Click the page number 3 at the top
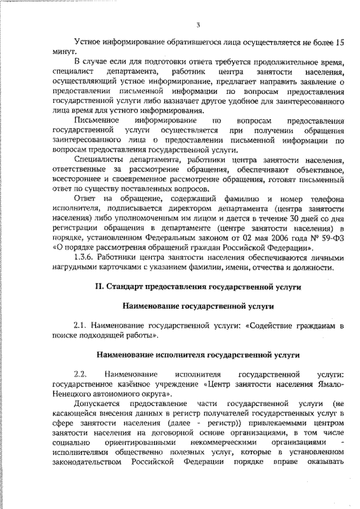198,24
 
